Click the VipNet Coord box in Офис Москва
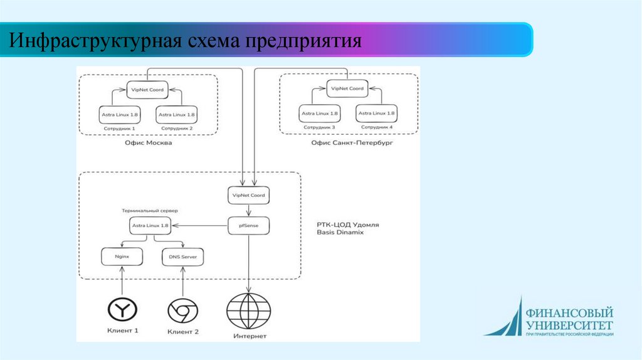tap(148, 90)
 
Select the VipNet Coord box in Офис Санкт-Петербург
tap(347, 89)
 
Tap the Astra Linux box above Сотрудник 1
tap(120, 115)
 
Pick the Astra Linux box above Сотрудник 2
tap(177, 115)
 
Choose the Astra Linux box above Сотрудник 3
tap(319, 114)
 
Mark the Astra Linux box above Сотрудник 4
tap(376, 114)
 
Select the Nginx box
tap(122, 257)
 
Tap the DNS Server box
tap(182, 257)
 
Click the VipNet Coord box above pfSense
tap(248, 196)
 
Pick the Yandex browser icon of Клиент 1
tap(122, 309)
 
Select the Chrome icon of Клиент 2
tap(182, 310)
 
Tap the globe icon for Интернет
tap(250, 311)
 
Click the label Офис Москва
tap(149, 143)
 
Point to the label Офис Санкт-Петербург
tap(347, 143)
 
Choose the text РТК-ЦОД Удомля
tap(348, 224)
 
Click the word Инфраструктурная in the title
tap(93, 41)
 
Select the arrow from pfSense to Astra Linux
tap(201, 225)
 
